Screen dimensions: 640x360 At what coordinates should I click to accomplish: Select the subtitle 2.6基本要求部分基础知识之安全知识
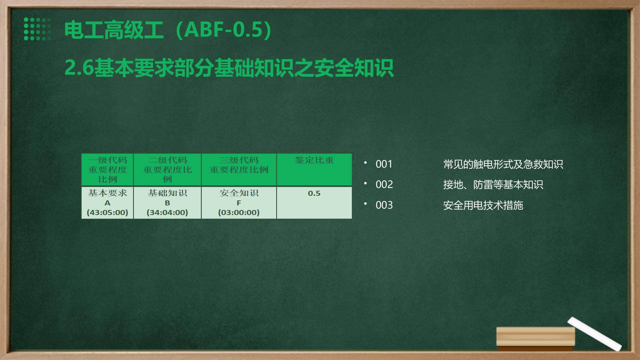[229, 68]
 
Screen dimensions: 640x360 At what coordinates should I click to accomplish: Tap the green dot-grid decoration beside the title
[37, 29]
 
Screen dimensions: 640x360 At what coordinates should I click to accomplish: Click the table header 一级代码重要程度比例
[107, 169]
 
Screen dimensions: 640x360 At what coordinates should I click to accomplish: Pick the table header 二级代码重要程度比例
[167, 169]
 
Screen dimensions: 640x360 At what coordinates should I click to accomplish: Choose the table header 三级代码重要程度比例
[239, 169]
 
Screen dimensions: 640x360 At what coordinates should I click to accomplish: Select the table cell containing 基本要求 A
[107, 203]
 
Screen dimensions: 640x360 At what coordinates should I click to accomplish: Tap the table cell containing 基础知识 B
[167, 203]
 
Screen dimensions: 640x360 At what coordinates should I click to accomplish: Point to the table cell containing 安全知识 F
[239, 203]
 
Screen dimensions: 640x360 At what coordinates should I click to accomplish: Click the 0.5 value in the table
[314, 193]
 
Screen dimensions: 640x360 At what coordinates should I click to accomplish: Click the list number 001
[384, 164]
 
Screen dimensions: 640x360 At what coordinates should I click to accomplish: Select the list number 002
[384, 184]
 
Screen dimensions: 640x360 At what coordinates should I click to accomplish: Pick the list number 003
[384, 205]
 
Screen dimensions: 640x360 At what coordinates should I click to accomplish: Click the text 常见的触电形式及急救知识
[503, 164]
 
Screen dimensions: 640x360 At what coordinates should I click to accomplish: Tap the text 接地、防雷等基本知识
[493, 184]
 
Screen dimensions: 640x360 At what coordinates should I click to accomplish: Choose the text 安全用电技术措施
[483, 205]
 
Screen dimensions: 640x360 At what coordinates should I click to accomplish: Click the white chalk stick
[594, 334]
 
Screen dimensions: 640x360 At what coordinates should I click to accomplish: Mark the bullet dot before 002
[365, 183]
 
